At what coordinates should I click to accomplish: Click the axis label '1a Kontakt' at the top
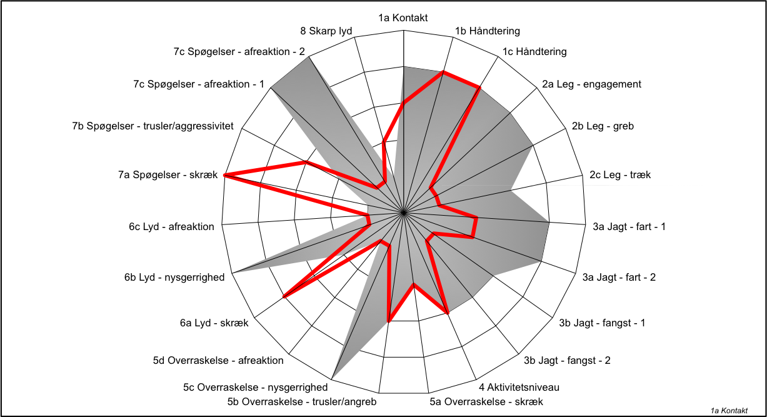(403, 18)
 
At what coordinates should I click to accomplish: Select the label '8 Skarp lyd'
(326, 31)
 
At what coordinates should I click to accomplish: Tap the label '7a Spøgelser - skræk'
(168, 175)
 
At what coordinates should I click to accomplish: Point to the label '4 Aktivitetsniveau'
(519, 387)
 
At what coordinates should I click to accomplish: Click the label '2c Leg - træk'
(619, 175)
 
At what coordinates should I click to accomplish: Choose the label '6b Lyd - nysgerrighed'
(174, 278)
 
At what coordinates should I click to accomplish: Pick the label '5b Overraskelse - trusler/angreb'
(302, 401)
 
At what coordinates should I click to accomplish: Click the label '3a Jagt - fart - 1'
(629, 227)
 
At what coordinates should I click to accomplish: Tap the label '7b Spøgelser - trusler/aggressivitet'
(153, 126)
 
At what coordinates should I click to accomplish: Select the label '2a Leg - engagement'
(591, 84)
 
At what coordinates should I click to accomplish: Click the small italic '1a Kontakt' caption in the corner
(729, 411)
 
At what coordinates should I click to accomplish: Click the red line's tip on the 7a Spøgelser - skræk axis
(224, 175)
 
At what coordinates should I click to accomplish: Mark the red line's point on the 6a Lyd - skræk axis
(284, 297)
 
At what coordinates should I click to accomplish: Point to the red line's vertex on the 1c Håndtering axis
(479, 88)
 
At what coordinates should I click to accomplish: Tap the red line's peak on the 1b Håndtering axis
(443, 72)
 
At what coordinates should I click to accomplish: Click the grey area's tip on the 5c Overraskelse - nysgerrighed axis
(332, 379)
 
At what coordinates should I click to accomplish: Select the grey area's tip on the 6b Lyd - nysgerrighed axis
(233, 273)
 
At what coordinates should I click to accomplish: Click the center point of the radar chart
(403, 213)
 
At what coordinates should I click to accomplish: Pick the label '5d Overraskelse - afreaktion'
(218, 361)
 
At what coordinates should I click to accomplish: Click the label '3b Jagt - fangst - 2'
(567, 361)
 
